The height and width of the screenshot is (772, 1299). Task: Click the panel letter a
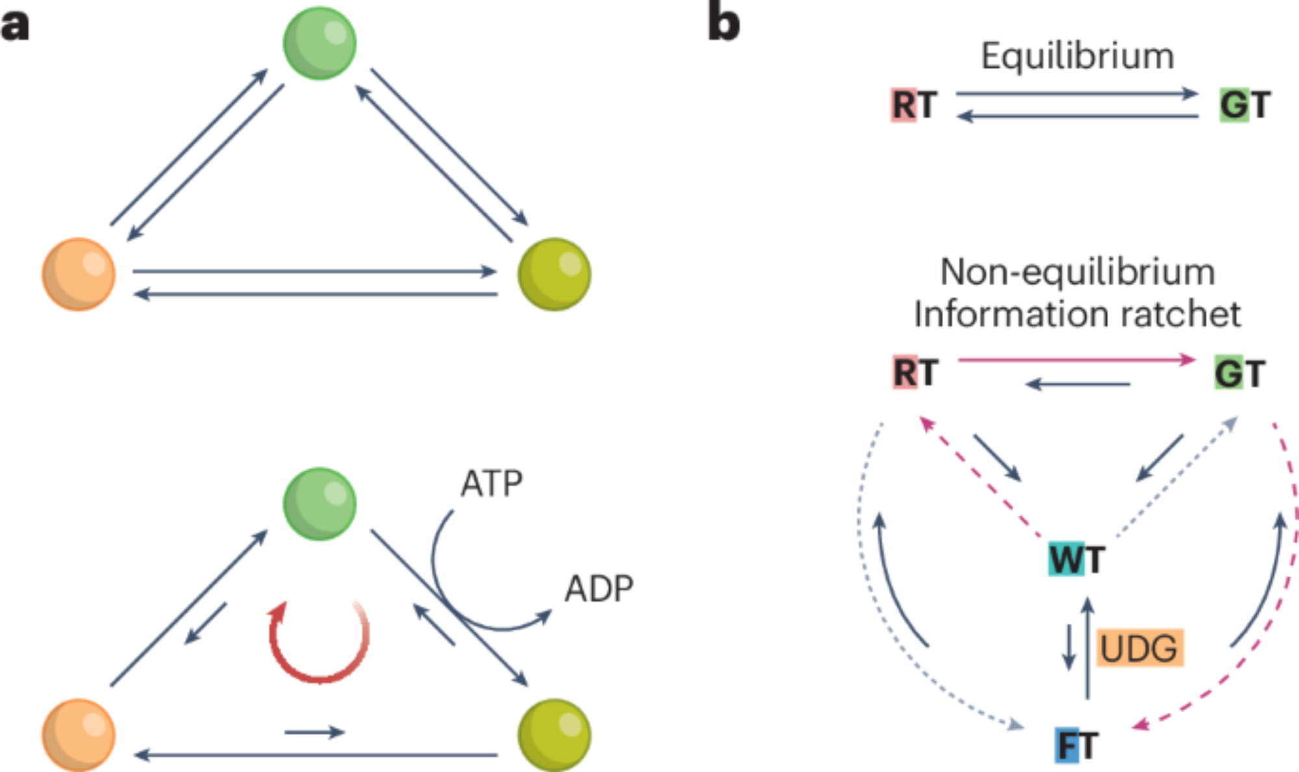click(x=15, y=26)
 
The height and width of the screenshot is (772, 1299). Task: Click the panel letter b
click(x=724, y=25)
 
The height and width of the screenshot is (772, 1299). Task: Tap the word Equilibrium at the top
click(x=1078, y=57)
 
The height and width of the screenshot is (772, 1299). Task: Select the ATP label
click(x=492, y=484)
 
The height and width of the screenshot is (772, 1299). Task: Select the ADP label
click(x=599, y=589)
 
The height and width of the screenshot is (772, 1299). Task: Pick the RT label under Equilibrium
click(x=914, y=105)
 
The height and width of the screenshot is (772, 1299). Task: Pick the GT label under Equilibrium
click(x=1244, y=105)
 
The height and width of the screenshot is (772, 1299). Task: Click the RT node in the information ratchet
click(x=915, y=373)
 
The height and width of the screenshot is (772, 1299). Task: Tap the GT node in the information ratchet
click(x=1239, y=374)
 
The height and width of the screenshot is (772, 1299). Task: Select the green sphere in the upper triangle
click(x=320, y=43)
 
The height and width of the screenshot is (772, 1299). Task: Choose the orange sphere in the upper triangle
click(x=79, y=274)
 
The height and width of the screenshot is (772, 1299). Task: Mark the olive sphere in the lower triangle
click(x=554, y=735)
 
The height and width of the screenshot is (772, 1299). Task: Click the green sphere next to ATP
click(x=320, y=504)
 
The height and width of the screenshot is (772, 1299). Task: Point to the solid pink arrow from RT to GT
click(x=1076, y=359)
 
